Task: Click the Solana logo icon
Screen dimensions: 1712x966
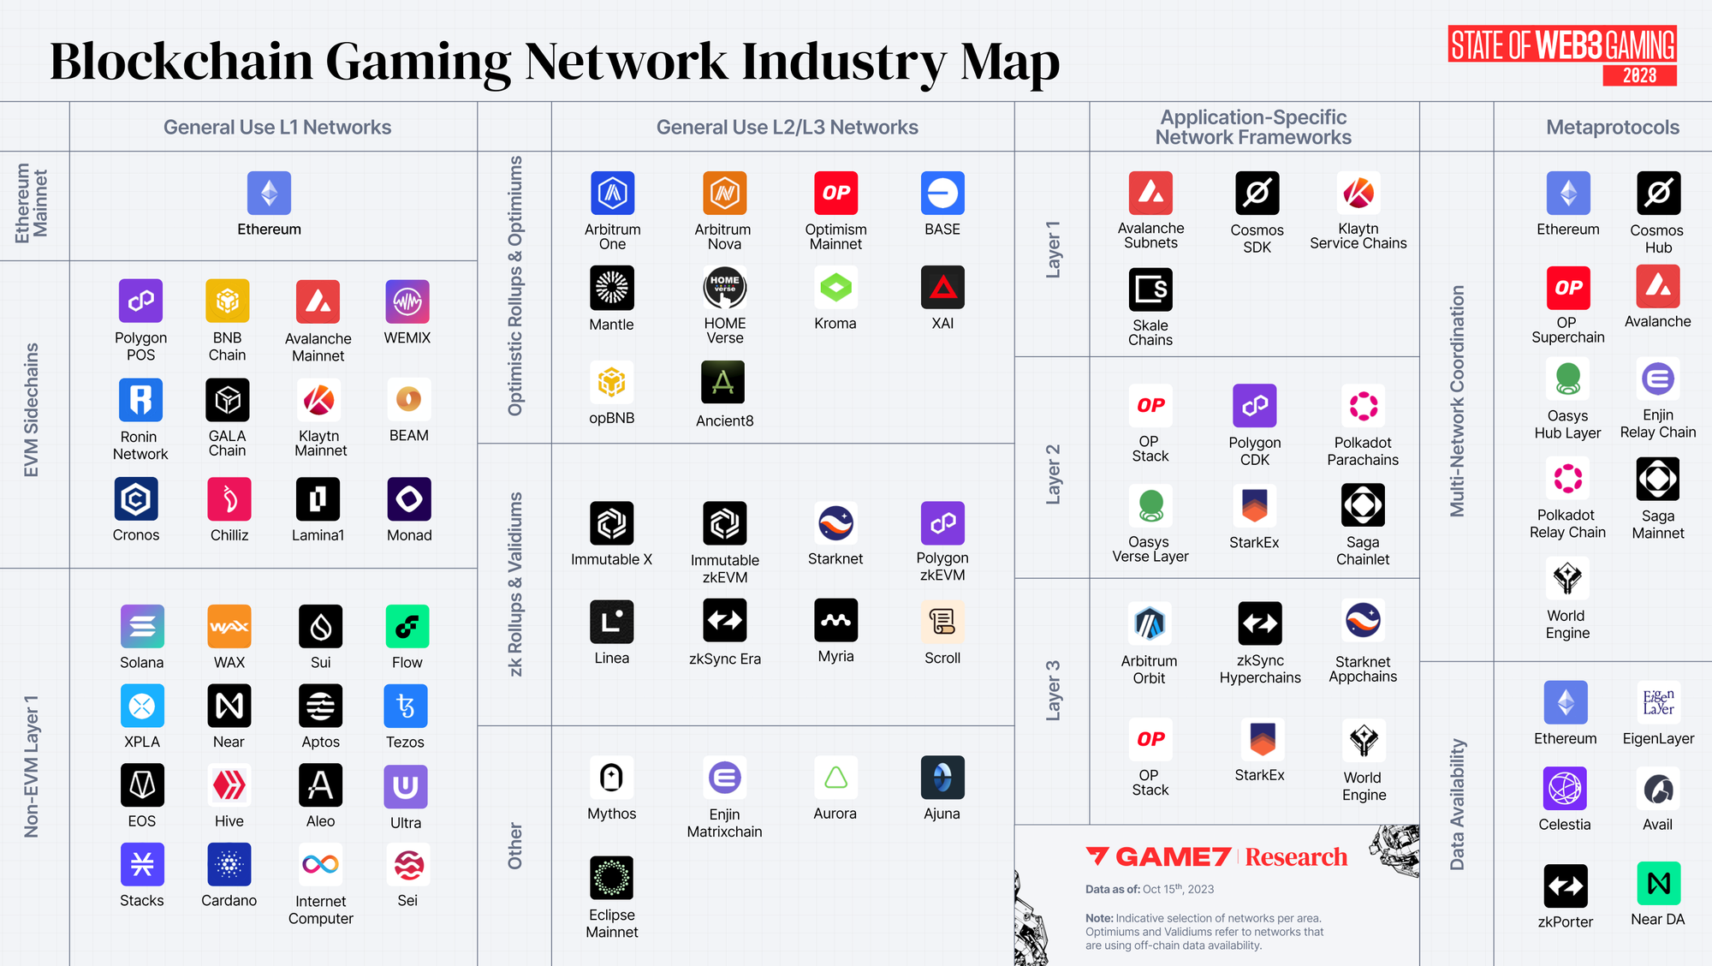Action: click(x=142, y=626)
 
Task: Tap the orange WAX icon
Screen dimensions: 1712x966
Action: click(x=229, y=626)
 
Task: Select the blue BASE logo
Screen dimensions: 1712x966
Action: click(x=942, y=194)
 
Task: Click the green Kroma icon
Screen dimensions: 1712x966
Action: click(x=835, y=288)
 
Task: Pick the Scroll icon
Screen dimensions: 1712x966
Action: click(x=942, y=621)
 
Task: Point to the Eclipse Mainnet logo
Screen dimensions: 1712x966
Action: click(x=611, y=878)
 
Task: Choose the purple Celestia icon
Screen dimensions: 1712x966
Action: click(x=1565, y=788)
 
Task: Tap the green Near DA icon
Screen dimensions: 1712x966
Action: click(x=1658, y=884)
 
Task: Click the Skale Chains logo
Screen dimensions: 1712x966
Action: click(x=1150, y=290)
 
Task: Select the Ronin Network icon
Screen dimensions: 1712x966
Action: click(x=140, y=400)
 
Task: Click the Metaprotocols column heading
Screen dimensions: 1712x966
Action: click(x=1613, y=128)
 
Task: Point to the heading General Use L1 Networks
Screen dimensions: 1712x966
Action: click(x=277, y=128)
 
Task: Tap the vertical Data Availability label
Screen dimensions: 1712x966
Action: click(x=1457, y=805)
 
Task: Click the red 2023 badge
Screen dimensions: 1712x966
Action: click(x=1639, y=75)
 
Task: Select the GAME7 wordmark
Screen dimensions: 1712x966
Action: click(x=1173, y=857)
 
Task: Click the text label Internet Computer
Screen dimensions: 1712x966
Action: click(x=321, y=909)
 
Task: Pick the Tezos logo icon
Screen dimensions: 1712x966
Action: click(x=405, y=706)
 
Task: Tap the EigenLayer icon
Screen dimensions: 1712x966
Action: click(x=1658, y=702)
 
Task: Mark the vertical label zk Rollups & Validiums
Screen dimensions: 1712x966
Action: click(x=515, y=584)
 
